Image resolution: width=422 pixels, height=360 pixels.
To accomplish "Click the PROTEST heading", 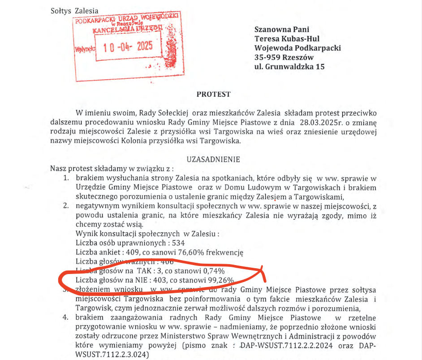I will [214, 94].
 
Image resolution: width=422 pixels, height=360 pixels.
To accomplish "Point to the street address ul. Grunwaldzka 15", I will [289, 67].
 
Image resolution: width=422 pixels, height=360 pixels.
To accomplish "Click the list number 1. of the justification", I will [66, 178].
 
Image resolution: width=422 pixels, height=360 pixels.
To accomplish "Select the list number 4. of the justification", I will [66, 317].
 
